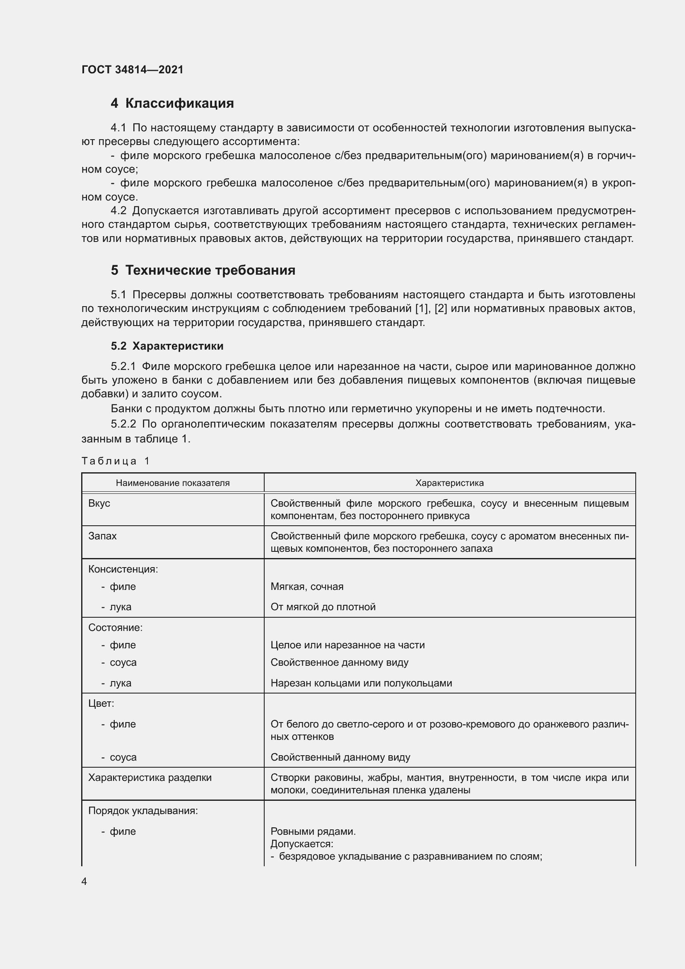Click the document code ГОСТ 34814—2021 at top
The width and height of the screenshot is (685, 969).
click(133, 70)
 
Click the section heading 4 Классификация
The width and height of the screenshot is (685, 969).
click(172, 104)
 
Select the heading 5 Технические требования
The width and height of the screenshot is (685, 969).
click(203, 270)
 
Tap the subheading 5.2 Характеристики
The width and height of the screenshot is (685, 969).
click(167, 346)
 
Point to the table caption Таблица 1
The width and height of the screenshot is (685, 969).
click(116, 461)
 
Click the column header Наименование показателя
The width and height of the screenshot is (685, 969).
click(173, 483)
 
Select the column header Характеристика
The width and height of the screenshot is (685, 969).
click(449, 483)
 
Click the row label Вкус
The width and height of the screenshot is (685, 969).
click(99, 503)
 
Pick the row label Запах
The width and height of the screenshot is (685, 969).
click(102, 536)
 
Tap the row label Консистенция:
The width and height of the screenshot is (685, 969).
click(123, 569)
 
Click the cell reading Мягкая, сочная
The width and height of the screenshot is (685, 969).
click(306, 586)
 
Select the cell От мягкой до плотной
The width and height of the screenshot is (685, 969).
click(323, 607)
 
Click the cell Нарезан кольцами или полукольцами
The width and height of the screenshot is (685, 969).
click(361, 683)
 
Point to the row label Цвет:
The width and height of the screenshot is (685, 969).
click(101, 703)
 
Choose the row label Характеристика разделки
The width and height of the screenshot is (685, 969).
click(150, 777)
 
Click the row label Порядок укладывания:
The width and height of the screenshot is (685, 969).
click(143, 811)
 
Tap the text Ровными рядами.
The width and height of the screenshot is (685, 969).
click(313, 831)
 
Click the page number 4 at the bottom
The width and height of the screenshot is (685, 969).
click(84, 882)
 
